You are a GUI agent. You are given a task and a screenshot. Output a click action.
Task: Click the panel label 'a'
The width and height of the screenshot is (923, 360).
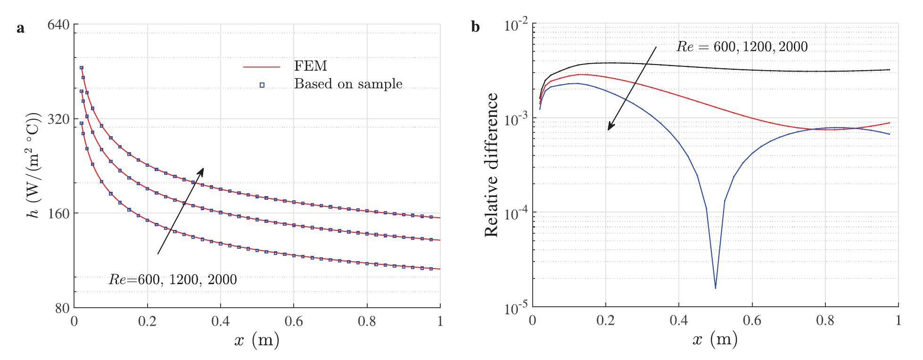(x=20, y=28)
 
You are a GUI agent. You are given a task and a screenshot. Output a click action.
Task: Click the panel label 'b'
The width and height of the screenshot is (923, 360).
(x=476, y=27)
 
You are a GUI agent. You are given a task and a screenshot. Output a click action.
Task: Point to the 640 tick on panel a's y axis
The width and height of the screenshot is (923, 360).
(x=58, y=24)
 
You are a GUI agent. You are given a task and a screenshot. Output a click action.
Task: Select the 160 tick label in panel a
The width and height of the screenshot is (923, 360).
(x=58, y=213)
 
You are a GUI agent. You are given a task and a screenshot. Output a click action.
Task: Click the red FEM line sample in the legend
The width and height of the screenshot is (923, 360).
(x=262, y=67)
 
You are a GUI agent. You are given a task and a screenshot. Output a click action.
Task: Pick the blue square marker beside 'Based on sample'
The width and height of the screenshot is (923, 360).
(x=262, y=85)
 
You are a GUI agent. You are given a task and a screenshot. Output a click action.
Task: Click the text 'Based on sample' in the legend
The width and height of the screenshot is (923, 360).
(x=348, y=84)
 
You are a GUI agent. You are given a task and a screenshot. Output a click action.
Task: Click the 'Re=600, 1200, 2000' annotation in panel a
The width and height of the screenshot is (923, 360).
(x=173, y=279)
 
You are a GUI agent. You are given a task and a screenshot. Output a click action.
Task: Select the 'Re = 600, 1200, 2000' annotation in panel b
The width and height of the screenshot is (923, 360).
(x=742, y=47)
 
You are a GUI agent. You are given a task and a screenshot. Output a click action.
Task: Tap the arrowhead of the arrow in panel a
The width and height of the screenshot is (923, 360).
(x=202, y=170)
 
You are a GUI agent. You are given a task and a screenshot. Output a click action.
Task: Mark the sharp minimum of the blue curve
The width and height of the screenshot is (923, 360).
(x=716, y=288)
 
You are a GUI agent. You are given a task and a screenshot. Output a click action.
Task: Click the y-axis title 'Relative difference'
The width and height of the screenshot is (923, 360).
(x=491, y=165)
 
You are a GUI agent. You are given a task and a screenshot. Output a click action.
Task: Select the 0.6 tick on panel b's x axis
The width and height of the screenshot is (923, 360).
(x=751, y=321)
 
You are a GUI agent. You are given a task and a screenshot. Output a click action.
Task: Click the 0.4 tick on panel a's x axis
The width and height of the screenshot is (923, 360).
(x=220, y=321)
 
